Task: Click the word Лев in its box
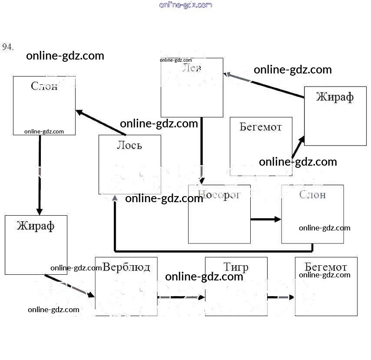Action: tap(192, 68)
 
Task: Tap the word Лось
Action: tap(129, 145)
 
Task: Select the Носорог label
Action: tap(219, 194)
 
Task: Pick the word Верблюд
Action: tap(126, 267)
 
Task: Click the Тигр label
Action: tap(236, 267)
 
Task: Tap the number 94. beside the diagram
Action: tap(8, 47)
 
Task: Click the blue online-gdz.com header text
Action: tap(185, 5)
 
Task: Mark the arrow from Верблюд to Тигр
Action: tap(181, 297)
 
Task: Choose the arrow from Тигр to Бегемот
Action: tap(281, 297)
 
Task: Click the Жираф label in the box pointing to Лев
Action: tap(335, 97)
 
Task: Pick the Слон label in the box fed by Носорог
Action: tap(312, 194)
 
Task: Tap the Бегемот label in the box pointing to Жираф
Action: tap(261, 127)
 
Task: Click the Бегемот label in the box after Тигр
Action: tap(326, 267)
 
